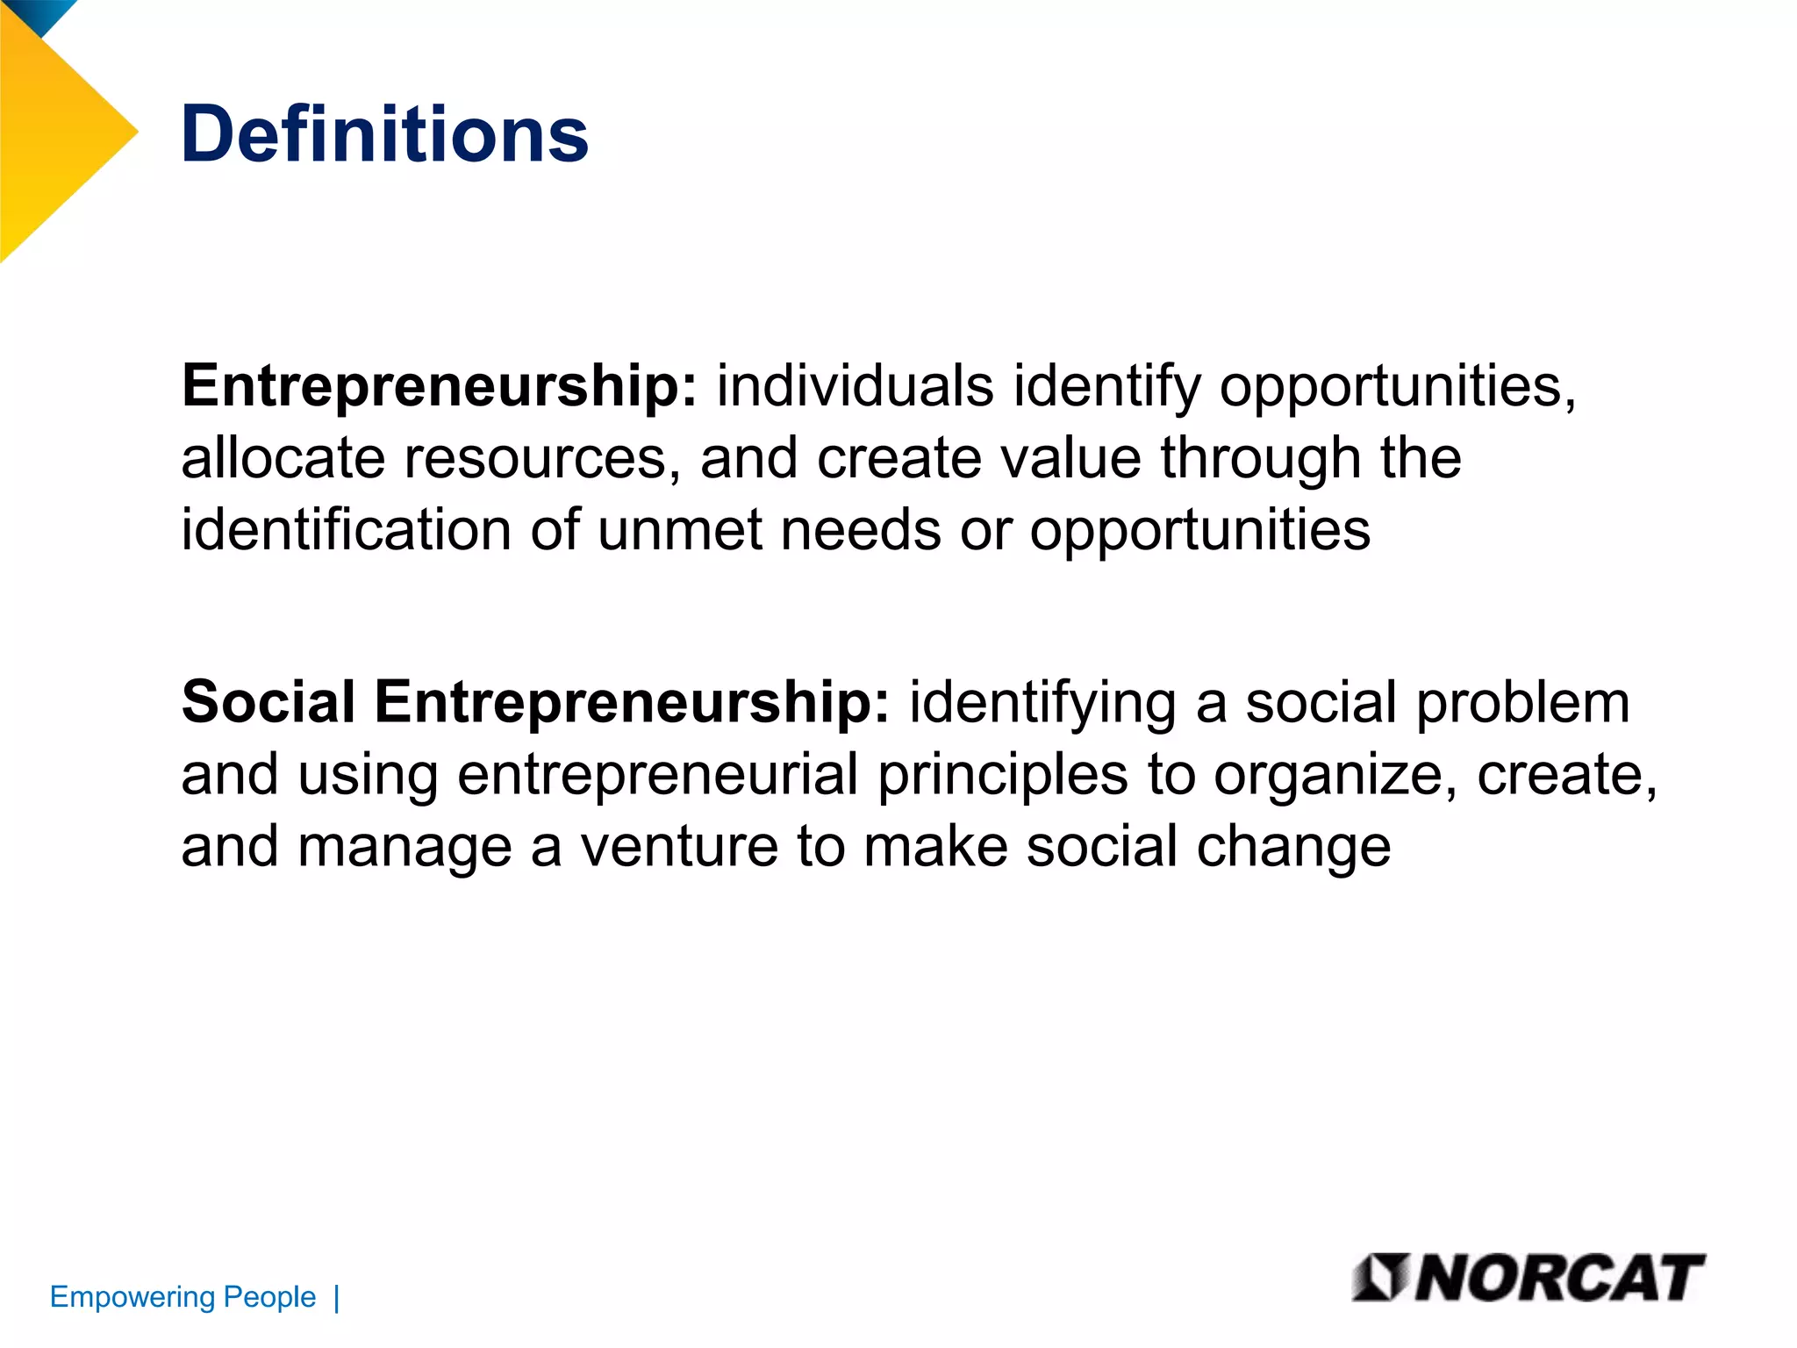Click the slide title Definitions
(384, 134)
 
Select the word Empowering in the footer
(132, 1297)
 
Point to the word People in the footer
(269, 1297)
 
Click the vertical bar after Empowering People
(337, 1298)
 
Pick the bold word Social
(268, 702)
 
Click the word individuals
(855, 386)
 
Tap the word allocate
(283, 458)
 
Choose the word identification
(346, 530)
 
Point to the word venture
(679, 848)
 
